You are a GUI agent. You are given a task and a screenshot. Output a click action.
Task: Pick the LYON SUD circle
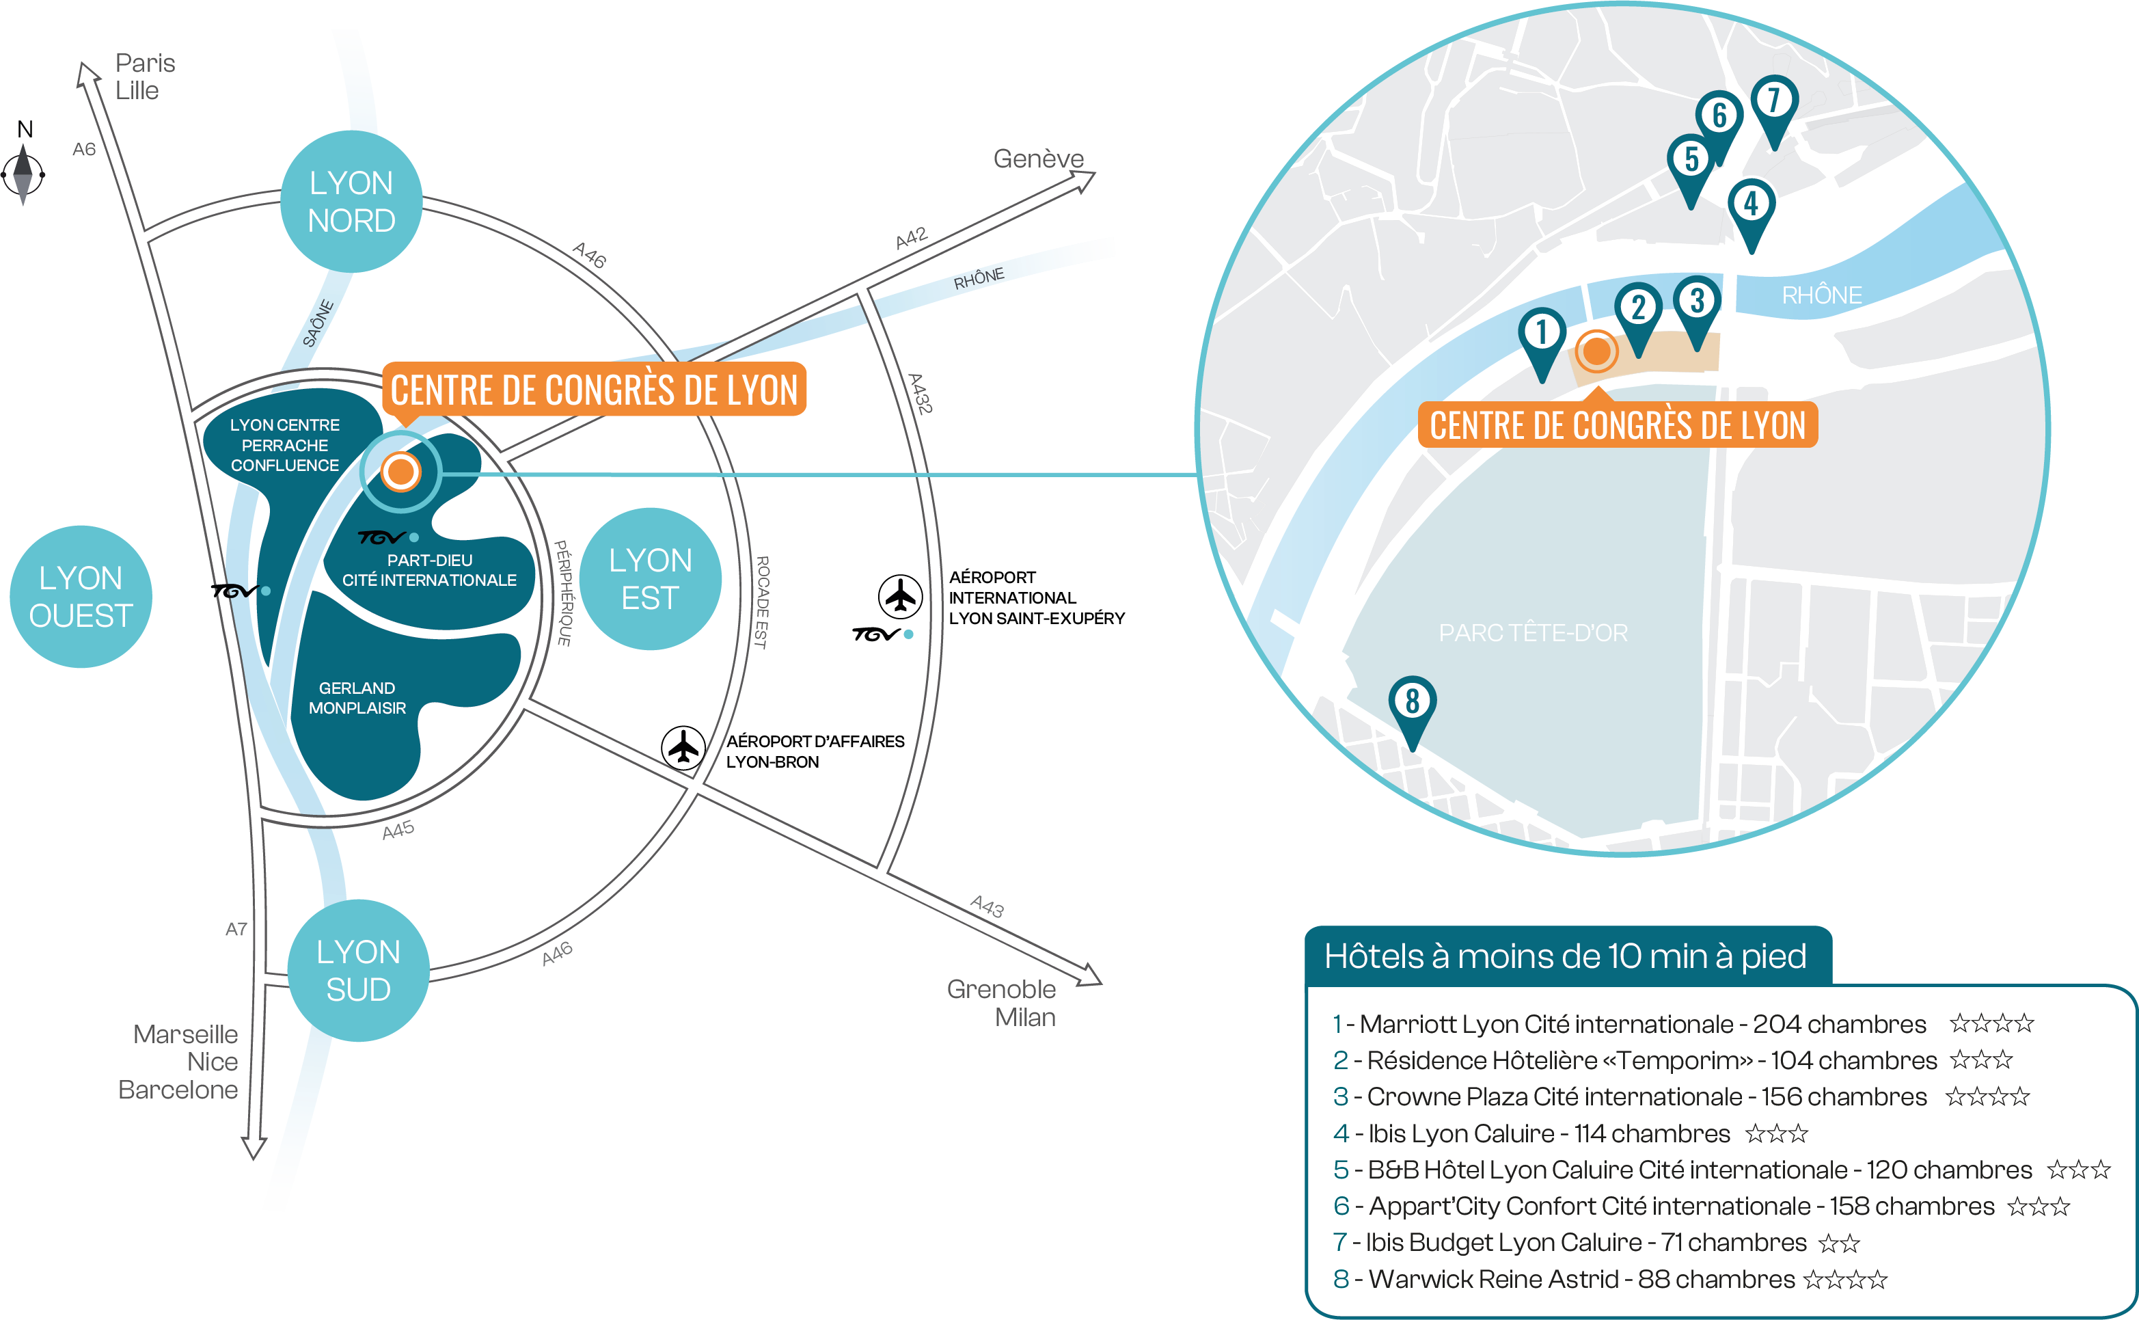(358, 970)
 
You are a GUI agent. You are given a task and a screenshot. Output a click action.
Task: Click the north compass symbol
(23, 173)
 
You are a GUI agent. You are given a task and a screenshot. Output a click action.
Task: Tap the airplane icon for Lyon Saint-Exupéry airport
(900, 596)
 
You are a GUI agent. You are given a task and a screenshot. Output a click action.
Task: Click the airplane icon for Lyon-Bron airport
(683, 747)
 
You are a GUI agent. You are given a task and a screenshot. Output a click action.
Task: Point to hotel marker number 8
(1412, 703)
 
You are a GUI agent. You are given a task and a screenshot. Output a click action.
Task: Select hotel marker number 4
(1751, 206)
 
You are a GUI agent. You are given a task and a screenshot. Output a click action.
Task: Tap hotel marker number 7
(1773, 102)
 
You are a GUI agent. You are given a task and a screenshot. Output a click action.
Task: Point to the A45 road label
(398, 829)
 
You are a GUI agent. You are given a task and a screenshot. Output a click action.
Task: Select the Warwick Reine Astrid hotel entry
(1609, 1279)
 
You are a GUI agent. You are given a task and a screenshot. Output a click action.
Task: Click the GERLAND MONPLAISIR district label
(357, 697)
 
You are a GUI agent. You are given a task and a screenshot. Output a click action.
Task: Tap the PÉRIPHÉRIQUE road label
(564, 593)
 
